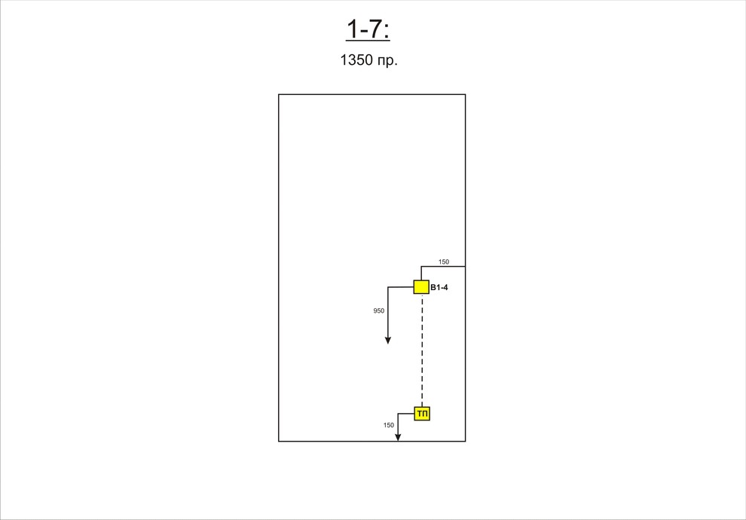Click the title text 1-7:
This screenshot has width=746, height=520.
[368, 29]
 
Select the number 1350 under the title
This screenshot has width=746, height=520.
[356, 60]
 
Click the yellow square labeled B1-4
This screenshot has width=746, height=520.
[421, 287]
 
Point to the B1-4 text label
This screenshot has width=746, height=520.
[439, 287]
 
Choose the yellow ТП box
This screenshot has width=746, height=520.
[422, 414]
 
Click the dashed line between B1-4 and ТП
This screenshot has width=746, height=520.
[422, 350]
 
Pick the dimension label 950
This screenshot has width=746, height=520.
[379, 310]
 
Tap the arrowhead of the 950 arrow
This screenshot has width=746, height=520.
[388, 340]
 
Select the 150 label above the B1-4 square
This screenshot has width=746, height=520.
[444, 262]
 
